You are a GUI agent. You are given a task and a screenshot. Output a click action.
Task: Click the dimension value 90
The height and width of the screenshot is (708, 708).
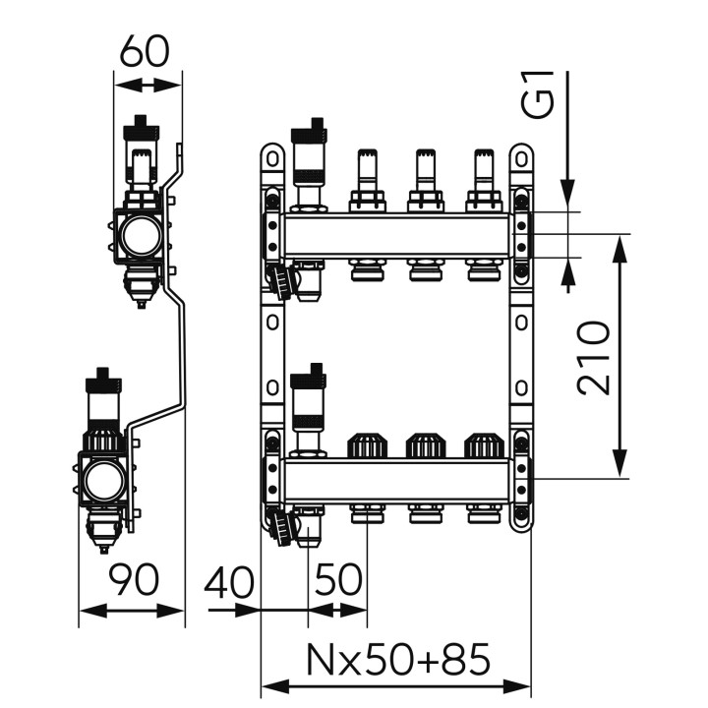(x=135, y=579)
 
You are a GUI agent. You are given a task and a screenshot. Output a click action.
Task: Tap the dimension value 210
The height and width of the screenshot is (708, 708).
(x=593, y=358)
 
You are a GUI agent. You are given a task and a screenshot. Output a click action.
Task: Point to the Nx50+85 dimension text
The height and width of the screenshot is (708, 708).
(x=398, y=659)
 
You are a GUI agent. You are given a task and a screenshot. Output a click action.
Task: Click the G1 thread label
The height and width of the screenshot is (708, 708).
(x=537, y=94)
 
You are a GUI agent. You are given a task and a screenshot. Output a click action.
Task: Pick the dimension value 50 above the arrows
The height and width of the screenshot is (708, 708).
(x=338, y=579)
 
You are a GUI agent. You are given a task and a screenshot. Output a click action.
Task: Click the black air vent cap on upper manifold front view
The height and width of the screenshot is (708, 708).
(x=309, y=131)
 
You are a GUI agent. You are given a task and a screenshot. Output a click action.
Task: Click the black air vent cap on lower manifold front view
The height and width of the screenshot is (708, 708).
(x=309, y=375)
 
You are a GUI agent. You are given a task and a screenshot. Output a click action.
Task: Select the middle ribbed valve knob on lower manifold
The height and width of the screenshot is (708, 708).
(x=425, y=445)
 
